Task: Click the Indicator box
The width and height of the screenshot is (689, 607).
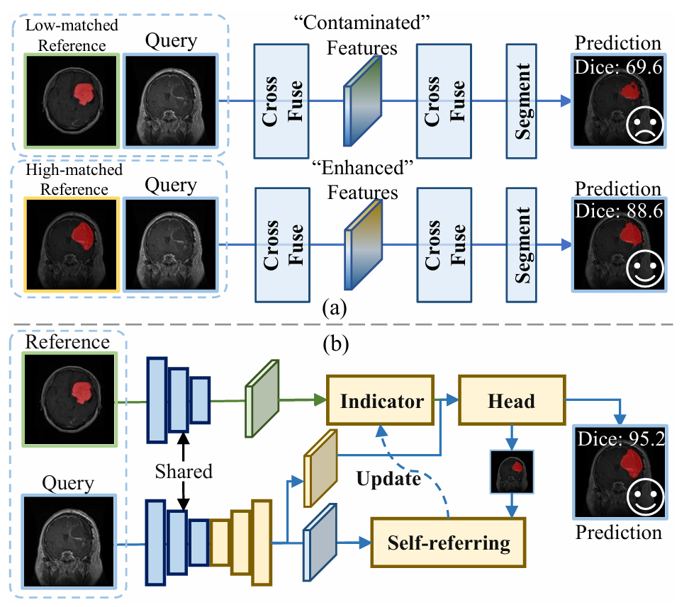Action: tap(381, 402)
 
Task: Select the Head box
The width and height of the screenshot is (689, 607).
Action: tap(510, 402)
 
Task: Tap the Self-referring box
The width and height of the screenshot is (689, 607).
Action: tap(448, 543)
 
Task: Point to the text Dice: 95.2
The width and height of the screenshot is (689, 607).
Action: tap(620, 441)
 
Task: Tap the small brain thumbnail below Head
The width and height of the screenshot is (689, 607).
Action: tap(511, 471)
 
